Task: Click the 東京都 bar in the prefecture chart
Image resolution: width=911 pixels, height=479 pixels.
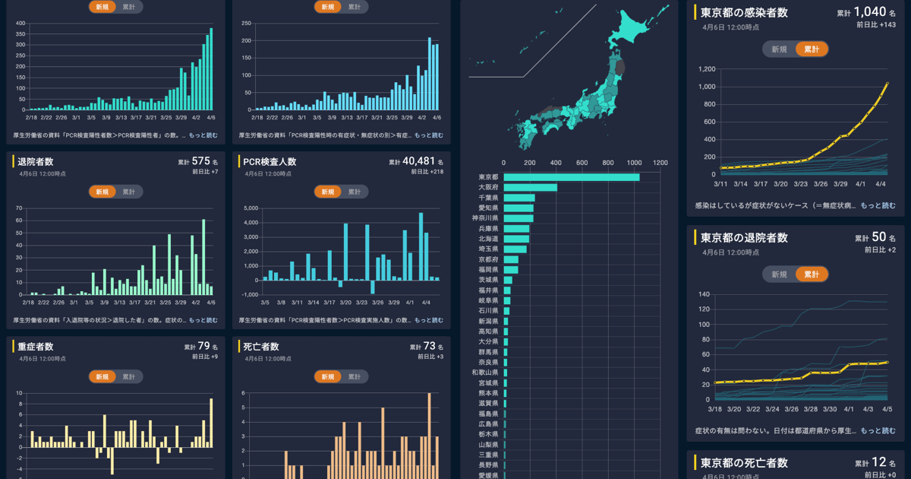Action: [571, 177]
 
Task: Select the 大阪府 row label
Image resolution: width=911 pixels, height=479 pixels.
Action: [488, 187]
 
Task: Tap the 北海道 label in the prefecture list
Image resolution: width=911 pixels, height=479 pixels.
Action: [488, 239]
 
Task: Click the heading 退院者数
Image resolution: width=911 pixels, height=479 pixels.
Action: [35, 161]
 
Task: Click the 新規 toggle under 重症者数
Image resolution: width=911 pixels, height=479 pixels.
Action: [102, 376]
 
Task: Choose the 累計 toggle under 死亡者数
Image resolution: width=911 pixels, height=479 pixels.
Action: [355, 376]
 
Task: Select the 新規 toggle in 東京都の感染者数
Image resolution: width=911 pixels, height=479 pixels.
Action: [780, 49]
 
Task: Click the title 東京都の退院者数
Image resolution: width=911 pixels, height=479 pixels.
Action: [744, 237]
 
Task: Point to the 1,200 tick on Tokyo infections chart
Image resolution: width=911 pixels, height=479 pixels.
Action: [707, 69]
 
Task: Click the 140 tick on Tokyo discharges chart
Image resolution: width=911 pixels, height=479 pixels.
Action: [704, 294]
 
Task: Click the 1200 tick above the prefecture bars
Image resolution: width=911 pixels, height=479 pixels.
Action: [660, 163]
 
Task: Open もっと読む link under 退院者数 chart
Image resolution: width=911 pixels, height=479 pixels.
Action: [203, 320]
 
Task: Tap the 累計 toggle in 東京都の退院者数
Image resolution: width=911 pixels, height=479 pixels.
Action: [812, 274]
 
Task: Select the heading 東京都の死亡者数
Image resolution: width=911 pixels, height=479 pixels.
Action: [744, 463]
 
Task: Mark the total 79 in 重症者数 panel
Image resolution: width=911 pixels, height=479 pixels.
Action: [203, 346]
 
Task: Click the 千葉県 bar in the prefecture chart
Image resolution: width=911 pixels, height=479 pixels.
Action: [519, 198]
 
